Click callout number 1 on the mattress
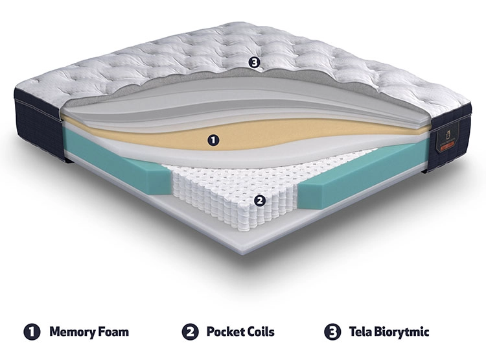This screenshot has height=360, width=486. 213,140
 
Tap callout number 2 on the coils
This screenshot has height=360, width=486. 260,201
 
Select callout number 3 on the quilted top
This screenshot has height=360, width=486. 254,63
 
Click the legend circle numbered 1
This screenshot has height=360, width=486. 32,331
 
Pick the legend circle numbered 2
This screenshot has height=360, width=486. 190,331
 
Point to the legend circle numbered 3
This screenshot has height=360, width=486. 332,331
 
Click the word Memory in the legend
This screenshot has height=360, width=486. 72,332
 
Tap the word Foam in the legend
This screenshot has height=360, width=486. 113,331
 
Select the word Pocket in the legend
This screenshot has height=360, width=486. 226,331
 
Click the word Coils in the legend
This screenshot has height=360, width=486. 261,331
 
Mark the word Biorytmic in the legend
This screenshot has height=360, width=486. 402,332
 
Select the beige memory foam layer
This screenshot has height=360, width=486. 248,134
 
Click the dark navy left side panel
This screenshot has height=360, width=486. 39,127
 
